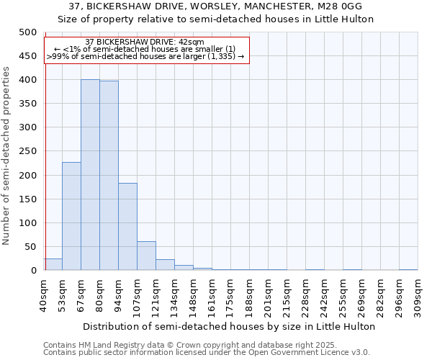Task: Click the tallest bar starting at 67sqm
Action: pyautogui.click(x=90, y=175)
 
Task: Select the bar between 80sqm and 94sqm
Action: pyautogui.click(x=109, y=176)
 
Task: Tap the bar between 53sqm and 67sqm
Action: pyautogui.click(x=71, y=216)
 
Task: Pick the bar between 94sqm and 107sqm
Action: pyautogui.click(x=127, y=227)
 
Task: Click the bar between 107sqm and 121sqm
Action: pyautogui.click(x=146, y=256)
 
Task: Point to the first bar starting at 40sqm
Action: pyautogui.click(x=53, y=264)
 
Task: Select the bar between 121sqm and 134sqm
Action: pyautogui.click(x=165, y=265)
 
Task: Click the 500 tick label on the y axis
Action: pyautogui.click(x=27, y=32)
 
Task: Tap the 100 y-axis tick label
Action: pyautogui.click(x=27, y=223)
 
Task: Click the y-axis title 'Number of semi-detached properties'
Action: pyautogui.click(x=6, y=156)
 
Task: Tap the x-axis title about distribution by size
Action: pyautogui.click(x=230, y=326)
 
